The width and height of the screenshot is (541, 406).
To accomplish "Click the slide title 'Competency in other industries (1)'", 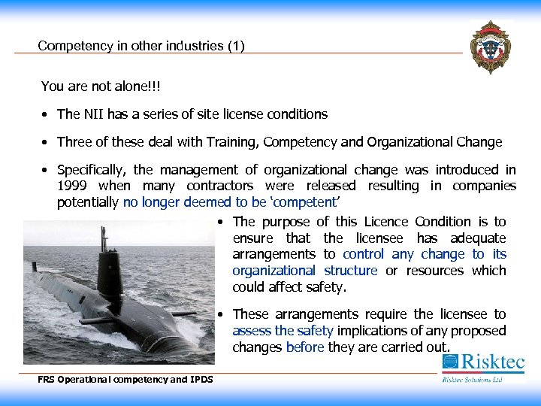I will point(141,46).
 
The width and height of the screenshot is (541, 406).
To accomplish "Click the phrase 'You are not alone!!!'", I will point(101,86).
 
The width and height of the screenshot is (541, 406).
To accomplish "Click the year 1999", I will point(72,186).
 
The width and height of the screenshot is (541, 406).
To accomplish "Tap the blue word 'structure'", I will point(350,271).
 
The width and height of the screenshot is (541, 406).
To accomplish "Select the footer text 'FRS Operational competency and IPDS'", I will point(125,380).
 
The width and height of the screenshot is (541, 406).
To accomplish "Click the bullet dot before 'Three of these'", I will point(46,143).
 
